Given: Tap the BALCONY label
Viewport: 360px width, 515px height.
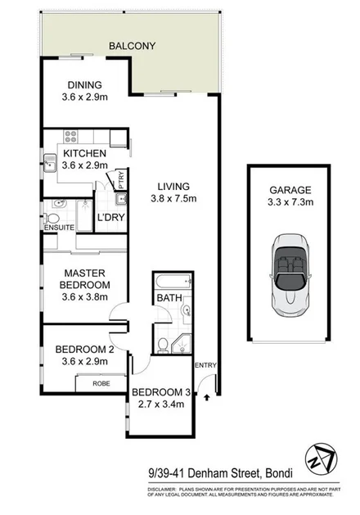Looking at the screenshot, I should tap(132, 47).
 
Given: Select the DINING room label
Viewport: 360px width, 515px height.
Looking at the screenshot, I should tap(84, 84).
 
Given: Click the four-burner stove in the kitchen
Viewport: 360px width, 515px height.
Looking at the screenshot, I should tap(70, 138).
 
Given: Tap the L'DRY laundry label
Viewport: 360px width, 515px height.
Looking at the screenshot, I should tap(110, 218).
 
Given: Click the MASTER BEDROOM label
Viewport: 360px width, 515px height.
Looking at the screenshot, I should tap(84, 278).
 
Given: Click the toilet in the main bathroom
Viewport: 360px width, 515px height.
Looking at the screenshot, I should tap(163, 343).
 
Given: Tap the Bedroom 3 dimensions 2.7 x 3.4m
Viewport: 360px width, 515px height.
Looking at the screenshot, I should tap(162, 404).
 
